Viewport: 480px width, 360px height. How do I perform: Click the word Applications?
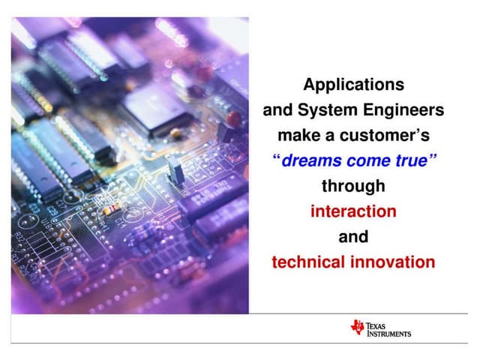353,84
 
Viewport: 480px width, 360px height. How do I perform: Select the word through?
353,186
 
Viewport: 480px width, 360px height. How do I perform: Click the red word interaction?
353,211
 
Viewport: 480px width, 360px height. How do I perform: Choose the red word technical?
307,262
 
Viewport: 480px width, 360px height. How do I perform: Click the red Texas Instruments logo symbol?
357,326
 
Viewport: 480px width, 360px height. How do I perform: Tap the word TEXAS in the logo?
379,323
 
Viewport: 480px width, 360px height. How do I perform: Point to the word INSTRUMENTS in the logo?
388,333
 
